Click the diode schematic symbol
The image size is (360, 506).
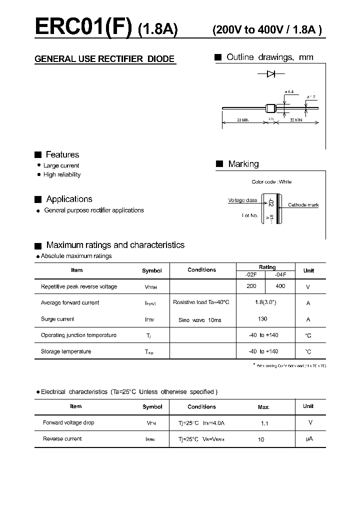tap(271, 74)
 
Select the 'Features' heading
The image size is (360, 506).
tap(62, 154)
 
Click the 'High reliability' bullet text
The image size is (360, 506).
tap(62, 174)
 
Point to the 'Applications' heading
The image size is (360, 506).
tap(69, 199)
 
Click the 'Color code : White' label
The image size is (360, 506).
tap(271, 182)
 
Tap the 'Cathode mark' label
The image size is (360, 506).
tap(303, 205)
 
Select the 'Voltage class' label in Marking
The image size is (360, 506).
tap(242, 200)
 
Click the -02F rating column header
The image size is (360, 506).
tap(251, 274)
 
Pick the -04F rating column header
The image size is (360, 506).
tap(280, 274)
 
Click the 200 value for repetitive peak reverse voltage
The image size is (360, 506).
tap(251, 286)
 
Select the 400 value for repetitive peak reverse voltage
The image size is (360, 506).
tap(280, 286)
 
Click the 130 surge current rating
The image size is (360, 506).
tap(262, 318)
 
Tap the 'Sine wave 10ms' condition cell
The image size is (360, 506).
tap(199, 319)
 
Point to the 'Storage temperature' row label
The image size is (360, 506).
tap(66, 351)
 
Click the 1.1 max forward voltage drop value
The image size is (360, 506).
tap(264, 423)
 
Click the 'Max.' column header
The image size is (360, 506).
tap(264, 407)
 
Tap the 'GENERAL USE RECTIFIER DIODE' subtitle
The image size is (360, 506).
tap(104, 59)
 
